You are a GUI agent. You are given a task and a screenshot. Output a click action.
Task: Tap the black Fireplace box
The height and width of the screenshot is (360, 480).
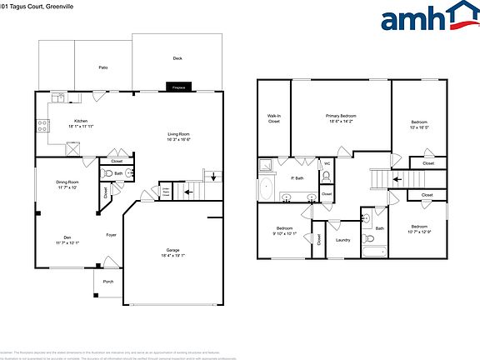tap(177, 87)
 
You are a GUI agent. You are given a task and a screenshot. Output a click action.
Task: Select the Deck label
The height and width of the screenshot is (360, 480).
tap(177, 58)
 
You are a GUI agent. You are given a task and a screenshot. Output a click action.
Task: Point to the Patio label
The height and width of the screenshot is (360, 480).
tap(103, 67)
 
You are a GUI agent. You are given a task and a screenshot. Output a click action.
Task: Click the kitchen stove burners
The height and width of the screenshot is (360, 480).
tap(41, 127)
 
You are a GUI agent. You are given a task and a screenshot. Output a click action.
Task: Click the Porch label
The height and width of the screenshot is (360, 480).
tap(107, 282)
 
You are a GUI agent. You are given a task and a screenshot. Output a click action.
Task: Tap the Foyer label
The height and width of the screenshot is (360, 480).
tap(110, 235)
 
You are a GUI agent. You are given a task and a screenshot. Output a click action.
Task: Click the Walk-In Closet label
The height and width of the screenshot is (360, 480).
tap(273, 119)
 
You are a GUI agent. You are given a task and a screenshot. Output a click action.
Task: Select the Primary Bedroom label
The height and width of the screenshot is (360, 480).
tap(341, 116)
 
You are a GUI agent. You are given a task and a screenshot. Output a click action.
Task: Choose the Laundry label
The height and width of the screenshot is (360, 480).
tap(342, 240)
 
